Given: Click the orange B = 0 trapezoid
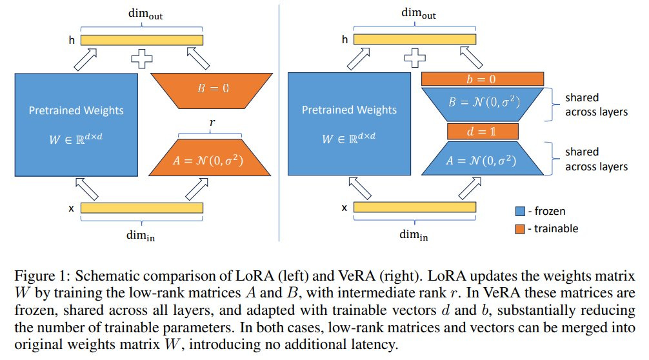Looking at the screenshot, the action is point(212,90).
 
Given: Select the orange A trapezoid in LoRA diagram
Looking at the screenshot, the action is point(210,157).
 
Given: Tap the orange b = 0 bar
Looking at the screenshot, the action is point(482,79).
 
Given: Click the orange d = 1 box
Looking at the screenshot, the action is point(483,132).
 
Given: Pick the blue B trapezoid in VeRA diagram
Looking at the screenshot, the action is point(483,104).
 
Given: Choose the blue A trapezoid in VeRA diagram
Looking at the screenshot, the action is point(483,159).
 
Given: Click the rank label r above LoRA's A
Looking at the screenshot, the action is point(212,123).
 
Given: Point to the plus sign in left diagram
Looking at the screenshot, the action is point(142,58).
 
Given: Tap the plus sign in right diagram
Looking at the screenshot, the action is point(415,57).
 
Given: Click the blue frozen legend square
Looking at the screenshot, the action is point(520,211).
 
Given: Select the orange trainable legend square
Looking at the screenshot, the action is point(520,229).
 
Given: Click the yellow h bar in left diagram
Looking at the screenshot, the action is point(142,40).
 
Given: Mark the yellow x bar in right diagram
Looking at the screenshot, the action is point(415,207).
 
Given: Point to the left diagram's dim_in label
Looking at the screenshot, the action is point(141,236).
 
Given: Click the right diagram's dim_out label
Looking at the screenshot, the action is point(419,14).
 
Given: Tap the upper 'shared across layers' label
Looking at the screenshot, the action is point(597,105).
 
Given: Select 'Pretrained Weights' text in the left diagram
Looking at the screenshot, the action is point(76,110).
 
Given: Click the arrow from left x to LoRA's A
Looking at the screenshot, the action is point(197,189).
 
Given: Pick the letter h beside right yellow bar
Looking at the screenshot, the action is point(344,40).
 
